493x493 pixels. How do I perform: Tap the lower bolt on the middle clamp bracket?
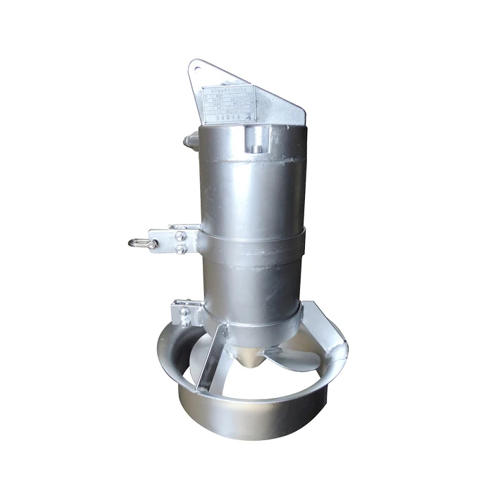tap(181, 249)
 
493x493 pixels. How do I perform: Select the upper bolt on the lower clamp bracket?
tap(185, 311)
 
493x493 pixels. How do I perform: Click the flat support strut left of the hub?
tap(211, 359)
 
